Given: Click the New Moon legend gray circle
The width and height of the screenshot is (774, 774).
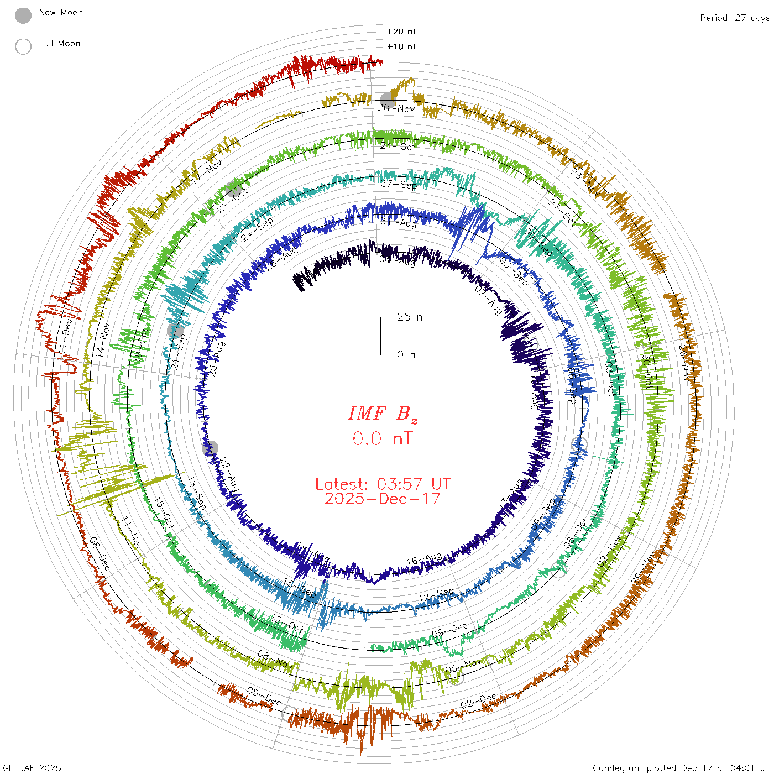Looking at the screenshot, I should coord(23,16).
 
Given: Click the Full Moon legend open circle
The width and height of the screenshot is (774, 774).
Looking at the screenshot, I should coord(23,46).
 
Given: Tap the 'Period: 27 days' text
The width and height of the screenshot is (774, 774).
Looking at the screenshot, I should coord(735,18).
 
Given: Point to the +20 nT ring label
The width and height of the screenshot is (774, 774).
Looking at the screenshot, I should coord(402,32).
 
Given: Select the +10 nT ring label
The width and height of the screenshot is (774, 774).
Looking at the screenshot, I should coord(402,46).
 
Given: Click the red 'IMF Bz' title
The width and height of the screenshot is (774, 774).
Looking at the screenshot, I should coord(383,414).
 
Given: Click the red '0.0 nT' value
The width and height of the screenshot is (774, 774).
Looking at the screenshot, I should coord(383,438).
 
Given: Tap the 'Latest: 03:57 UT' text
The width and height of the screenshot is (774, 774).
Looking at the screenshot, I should coord(383,484).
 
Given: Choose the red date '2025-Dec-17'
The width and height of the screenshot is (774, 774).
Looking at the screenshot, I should coord(383,499).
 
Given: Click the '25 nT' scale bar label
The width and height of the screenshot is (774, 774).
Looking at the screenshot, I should coord(412,317).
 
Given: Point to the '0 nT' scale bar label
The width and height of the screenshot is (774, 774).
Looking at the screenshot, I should coord(409,355).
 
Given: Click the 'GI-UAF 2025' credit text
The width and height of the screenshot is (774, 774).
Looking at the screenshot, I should coord(31,768).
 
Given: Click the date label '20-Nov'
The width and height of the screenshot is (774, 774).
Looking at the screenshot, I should coord(396,108).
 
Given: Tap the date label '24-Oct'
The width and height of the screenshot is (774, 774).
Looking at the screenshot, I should coord(398,146).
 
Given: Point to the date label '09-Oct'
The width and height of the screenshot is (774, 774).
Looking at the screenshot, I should coord(449,630).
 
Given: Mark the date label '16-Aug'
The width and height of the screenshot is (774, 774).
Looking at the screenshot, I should coord(424,559).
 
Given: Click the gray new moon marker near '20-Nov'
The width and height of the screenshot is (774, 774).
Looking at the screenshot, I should coord(388,101).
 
